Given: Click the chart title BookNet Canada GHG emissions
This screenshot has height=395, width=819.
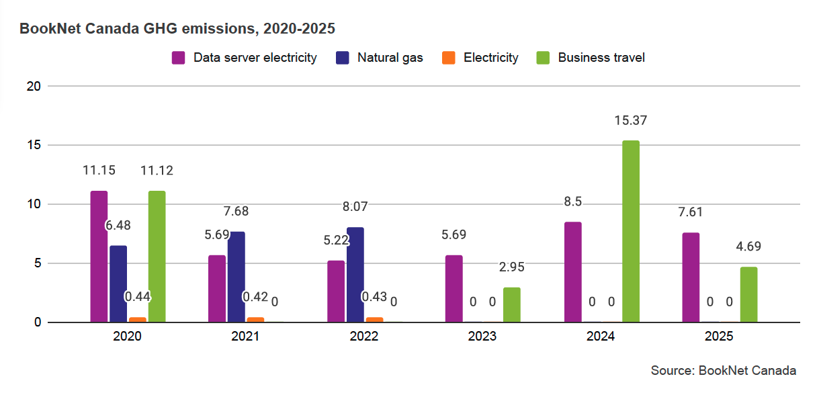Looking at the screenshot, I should [177, 29].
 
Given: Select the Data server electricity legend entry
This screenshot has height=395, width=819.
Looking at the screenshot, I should [245, 58].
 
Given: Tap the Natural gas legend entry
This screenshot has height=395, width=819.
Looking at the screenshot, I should [380, 58].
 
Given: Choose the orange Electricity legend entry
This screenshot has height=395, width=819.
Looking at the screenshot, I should [481, 58].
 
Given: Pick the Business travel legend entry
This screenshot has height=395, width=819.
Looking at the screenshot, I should [591, 58].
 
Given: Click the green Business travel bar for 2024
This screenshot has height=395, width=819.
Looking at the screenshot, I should [630, 232].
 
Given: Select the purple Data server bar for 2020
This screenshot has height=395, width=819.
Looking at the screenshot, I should [99, 257].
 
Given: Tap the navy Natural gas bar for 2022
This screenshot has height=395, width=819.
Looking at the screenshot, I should [355, 275].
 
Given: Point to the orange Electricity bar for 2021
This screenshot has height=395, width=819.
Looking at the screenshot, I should [255, 320].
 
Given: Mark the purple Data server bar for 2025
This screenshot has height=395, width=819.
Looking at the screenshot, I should [691, 277].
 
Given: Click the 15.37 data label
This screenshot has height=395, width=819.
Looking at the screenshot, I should [630, 121].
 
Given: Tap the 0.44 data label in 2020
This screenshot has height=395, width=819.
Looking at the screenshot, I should [137, 296].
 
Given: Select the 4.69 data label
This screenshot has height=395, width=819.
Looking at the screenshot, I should [748, 246].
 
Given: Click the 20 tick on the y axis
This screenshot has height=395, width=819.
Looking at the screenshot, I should [34, 86].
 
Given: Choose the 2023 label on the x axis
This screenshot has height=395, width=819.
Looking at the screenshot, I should [482, 336].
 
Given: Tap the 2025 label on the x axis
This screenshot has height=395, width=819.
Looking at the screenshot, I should [719, 336].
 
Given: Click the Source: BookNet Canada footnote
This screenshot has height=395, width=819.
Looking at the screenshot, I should [723, 371].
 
